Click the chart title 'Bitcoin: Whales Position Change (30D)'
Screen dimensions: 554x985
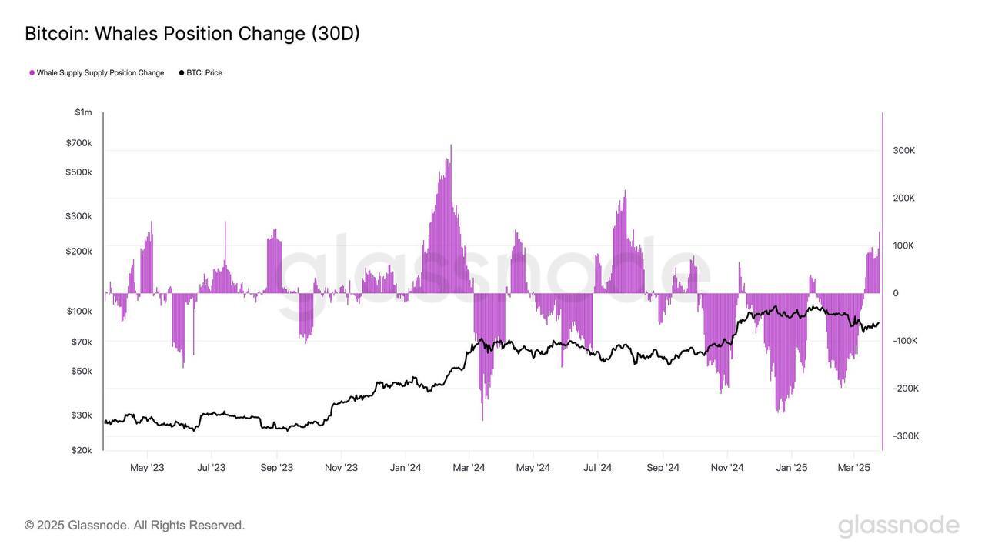click(192, 34)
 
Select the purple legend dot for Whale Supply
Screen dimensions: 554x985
click(32, 73)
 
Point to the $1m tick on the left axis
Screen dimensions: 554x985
click(83, 112)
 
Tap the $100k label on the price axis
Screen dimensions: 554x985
click(79, 312)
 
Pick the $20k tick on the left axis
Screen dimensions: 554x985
click(82, 450)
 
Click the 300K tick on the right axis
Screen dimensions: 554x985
click(903, 151)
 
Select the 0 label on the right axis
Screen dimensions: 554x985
click(896, 293)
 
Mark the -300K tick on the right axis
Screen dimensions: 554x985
click(905, 436)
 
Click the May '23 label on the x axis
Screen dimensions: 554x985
click(147, 468)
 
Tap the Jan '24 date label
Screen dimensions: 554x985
click(406, 468)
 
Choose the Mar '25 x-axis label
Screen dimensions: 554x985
click(853, 468)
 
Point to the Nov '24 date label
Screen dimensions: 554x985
click(727, 468)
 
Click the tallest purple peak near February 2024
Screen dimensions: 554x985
click(450, 146)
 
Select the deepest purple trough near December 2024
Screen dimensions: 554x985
click(780, 411)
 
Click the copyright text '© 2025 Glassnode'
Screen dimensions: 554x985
click(135, 526)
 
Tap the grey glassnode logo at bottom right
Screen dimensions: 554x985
click(898, 526)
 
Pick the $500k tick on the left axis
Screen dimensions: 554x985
click(78, 172)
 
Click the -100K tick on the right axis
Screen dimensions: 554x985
click(905, 341)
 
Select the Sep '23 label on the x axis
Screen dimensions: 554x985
click(277, 468)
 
